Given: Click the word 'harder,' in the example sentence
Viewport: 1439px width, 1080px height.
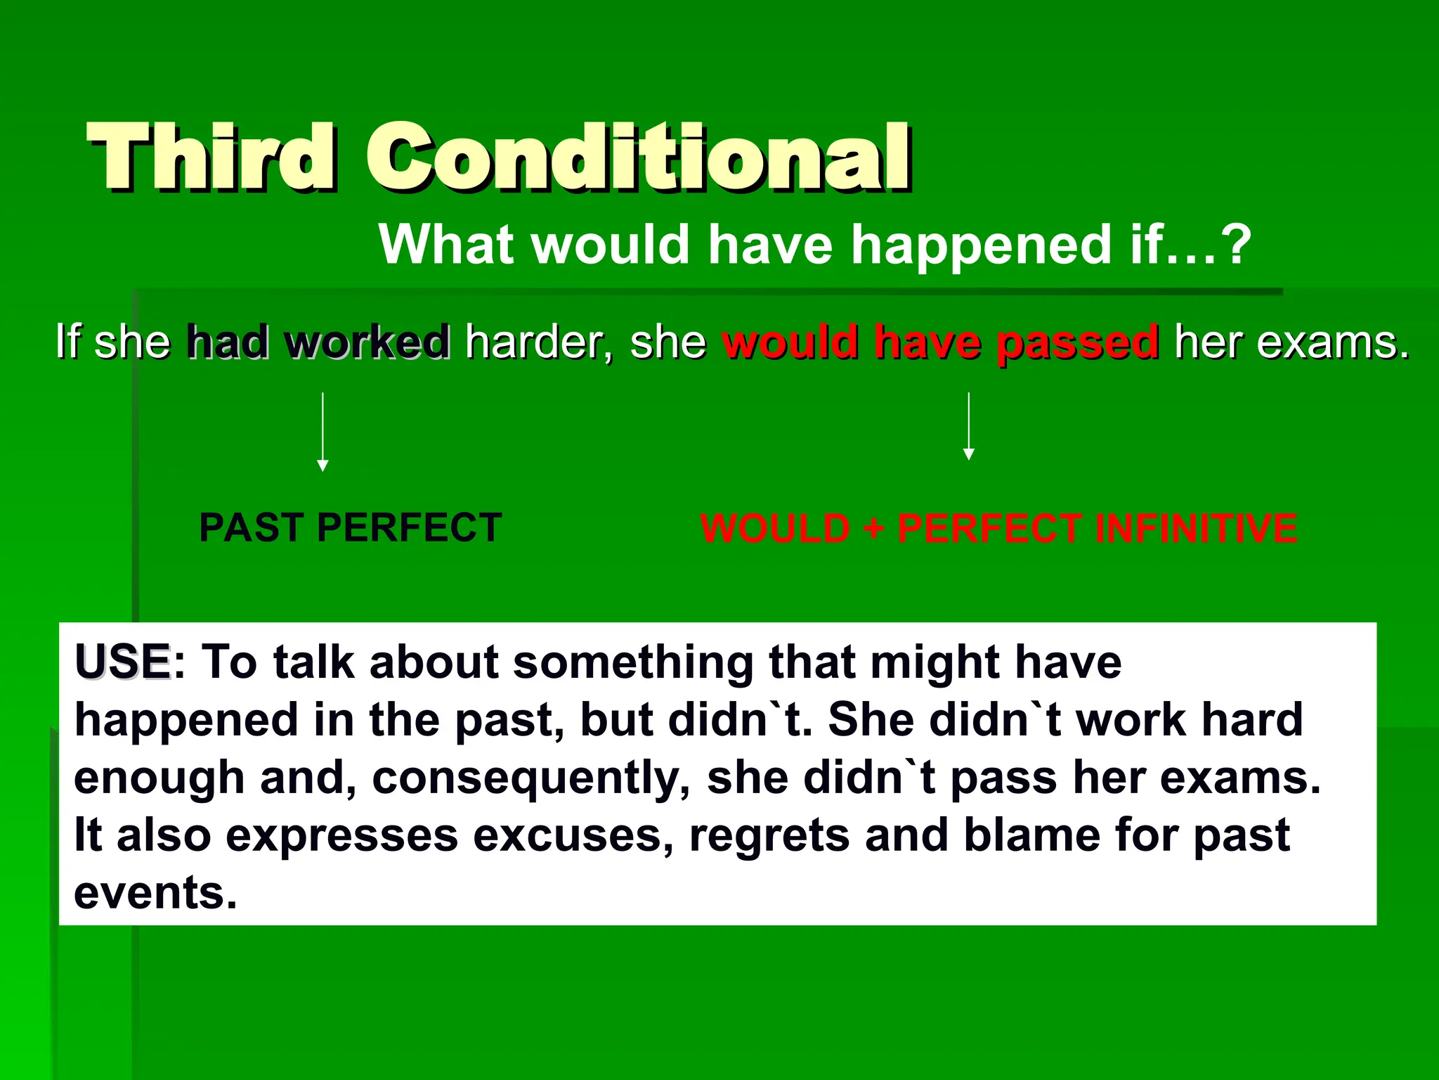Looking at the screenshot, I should click(538, 342).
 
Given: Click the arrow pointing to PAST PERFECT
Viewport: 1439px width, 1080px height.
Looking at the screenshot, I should click(323, 432).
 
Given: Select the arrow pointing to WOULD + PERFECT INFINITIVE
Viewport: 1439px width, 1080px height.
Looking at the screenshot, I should click(969, 426).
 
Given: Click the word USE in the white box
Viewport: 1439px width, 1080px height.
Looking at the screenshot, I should click(123, 662).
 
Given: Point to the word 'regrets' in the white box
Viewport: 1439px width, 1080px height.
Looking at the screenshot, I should click(769, 836).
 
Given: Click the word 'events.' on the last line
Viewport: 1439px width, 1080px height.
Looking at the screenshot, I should click(155, 893).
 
